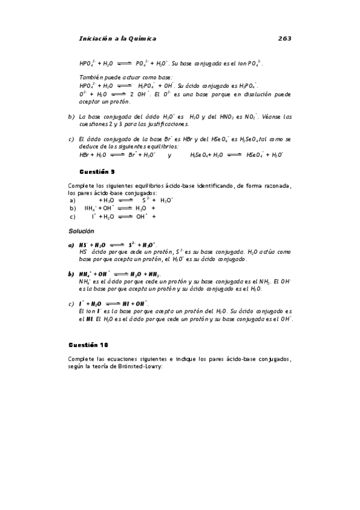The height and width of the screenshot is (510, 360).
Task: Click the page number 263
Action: click(284, 38)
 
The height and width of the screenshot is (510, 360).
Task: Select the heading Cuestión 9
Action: click(97, 171)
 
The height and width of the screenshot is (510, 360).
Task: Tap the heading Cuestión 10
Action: click(88, 345)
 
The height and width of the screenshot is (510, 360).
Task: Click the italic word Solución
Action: click(81, 231)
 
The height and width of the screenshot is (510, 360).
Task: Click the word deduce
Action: click(87, 146)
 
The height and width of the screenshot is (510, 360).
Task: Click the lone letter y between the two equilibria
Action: click(169, 155)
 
